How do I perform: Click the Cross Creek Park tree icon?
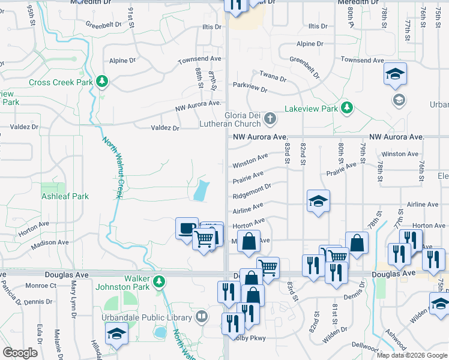pos(102,81)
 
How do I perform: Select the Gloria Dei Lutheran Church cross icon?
pos(270,119)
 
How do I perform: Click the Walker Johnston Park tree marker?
pos(158,281)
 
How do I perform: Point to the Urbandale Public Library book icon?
pos(202,316)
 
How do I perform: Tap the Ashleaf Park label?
pos(65,196)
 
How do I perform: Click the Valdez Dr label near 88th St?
pos(165,128)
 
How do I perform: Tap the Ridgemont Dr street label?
pos(252,190)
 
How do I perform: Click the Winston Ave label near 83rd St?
pos(250,161)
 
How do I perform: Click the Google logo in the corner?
pos(20,353)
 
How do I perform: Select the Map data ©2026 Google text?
pos(412,355)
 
